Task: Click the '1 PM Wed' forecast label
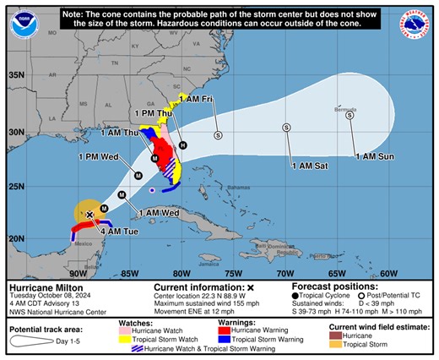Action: (x=97, y=156)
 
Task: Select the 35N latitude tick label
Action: (x=16, y=75)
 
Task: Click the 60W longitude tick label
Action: (x=388, y=273)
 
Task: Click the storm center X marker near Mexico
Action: (x=89, y=215)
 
